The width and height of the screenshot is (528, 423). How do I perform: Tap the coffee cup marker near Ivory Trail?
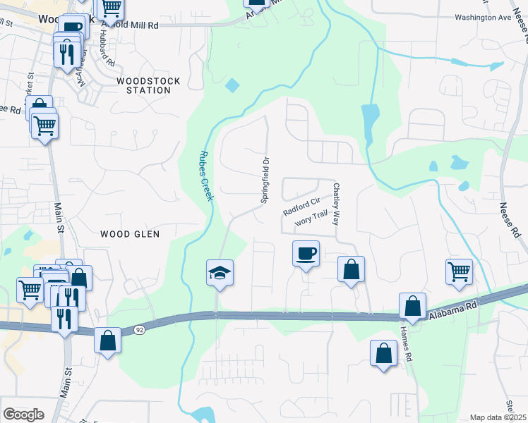[306, 253]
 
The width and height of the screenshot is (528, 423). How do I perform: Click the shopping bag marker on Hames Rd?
[412, 307]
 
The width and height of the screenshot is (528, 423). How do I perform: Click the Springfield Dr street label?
[266, 180]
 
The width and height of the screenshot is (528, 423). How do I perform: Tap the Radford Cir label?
[302, 207]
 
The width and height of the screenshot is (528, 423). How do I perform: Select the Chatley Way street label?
[337, 204]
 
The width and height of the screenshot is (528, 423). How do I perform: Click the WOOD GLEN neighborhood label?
[130, 233]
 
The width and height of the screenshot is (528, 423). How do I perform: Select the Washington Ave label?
[482, 18]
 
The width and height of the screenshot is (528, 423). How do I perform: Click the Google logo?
[23, 415]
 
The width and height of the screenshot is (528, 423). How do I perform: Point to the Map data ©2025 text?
[497, 417]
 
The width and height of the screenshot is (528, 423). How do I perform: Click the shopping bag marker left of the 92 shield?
[107, 341]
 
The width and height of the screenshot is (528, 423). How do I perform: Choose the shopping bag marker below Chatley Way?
[351, 269]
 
